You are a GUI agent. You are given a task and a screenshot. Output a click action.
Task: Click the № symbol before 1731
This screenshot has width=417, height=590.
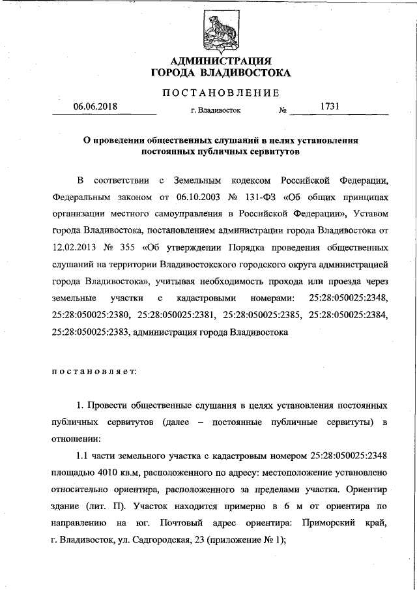pos(283,110)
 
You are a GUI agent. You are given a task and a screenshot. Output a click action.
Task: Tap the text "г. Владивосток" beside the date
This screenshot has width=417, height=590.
pos(216,110)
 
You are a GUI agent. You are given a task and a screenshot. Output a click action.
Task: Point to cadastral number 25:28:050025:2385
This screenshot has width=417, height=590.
pos(258,315)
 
